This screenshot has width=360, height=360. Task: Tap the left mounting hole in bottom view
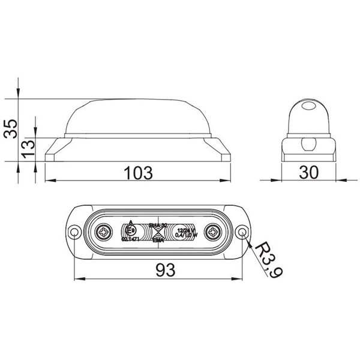[x=74, y=232]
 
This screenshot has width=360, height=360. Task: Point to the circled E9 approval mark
[x=130, y=230]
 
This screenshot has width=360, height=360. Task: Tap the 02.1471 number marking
[x=131, y=239]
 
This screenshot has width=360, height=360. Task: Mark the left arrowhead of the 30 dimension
[x=286, y=179]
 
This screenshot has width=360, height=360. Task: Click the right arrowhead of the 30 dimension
[x=333, y=179]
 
